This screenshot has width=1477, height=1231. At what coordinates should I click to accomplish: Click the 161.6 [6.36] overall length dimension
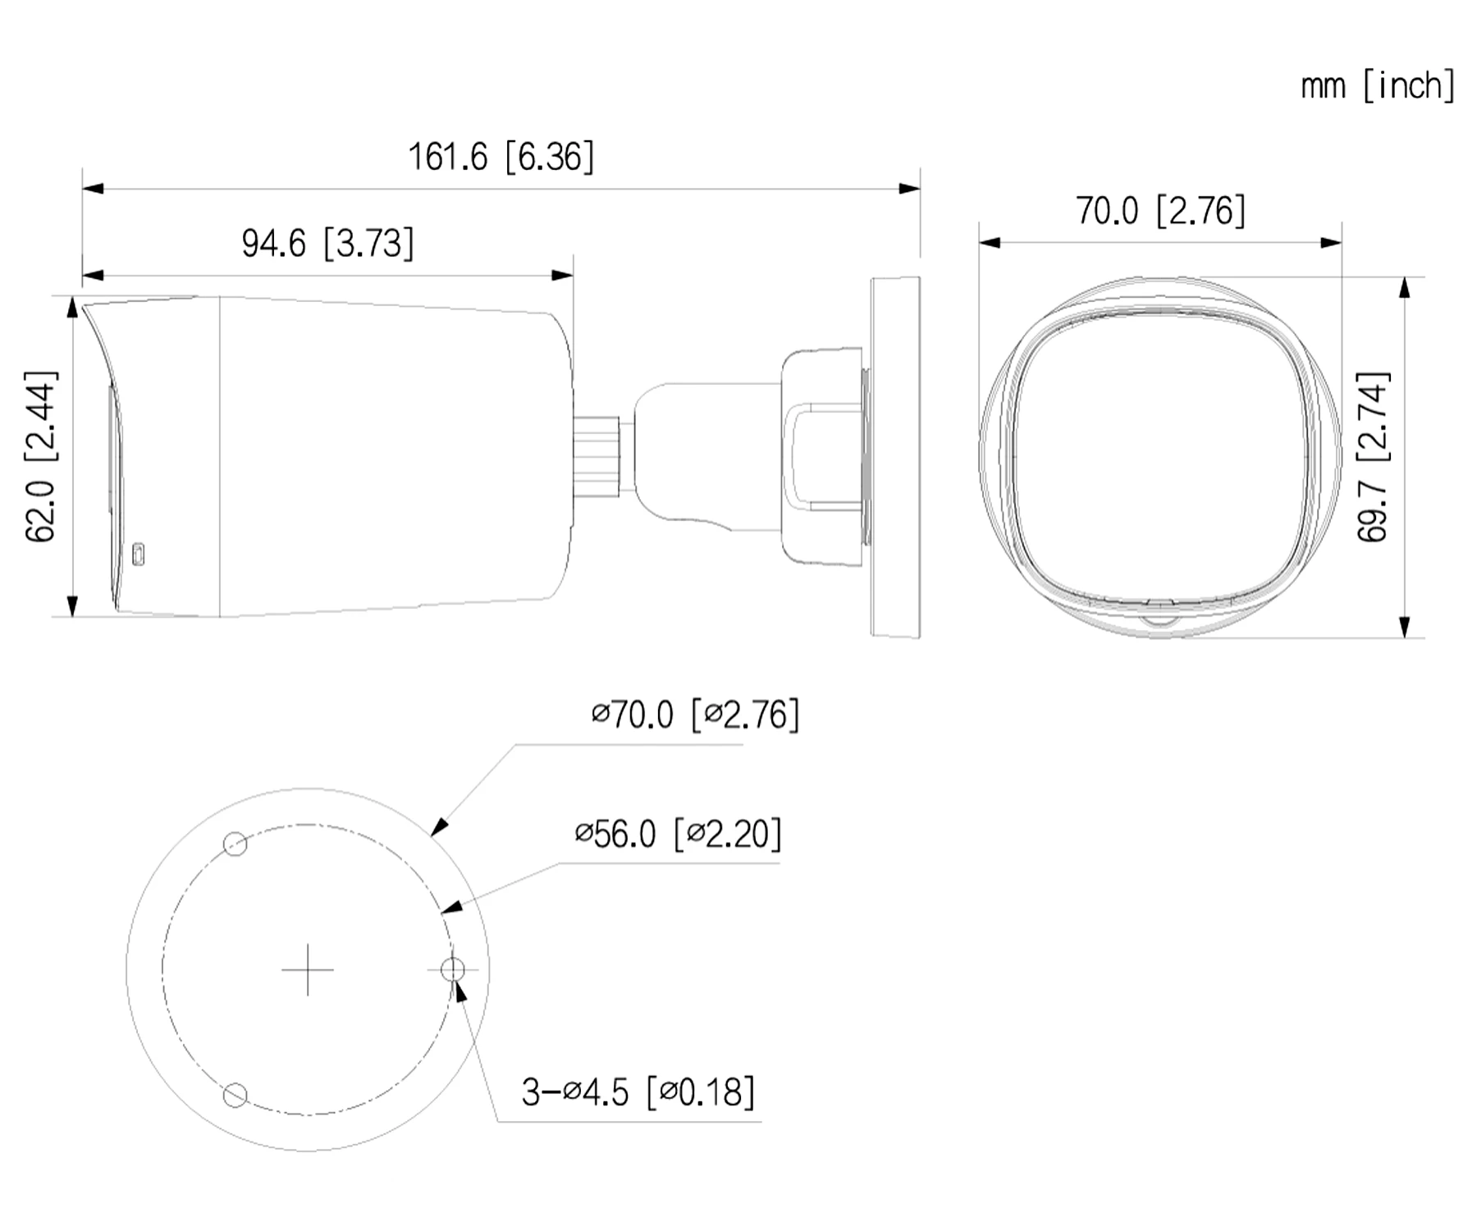click(501, 156)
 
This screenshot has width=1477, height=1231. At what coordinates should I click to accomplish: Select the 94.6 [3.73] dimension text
click(327, 243)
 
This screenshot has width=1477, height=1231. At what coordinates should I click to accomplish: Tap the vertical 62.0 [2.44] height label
click(41, 456)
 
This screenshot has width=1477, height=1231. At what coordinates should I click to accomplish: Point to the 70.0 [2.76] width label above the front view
click(1160, 211)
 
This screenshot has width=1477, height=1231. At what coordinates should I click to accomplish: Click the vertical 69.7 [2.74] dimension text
click(1373, 457)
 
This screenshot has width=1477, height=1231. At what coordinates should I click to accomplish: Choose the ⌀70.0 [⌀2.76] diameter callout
click(695, 714)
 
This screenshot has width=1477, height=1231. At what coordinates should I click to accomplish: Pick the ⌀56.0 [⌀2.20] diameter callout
click(678, 834)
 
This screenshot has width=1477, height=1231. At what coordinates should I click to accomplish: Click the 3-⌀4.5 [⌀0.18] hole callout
click(638, 1092)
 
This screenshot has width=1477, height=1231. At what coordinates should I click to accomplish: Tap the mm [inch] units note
click(1378, 85)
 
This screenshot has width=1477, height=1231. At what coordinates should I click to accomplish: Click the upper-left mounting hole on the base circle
click(235, 844)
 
